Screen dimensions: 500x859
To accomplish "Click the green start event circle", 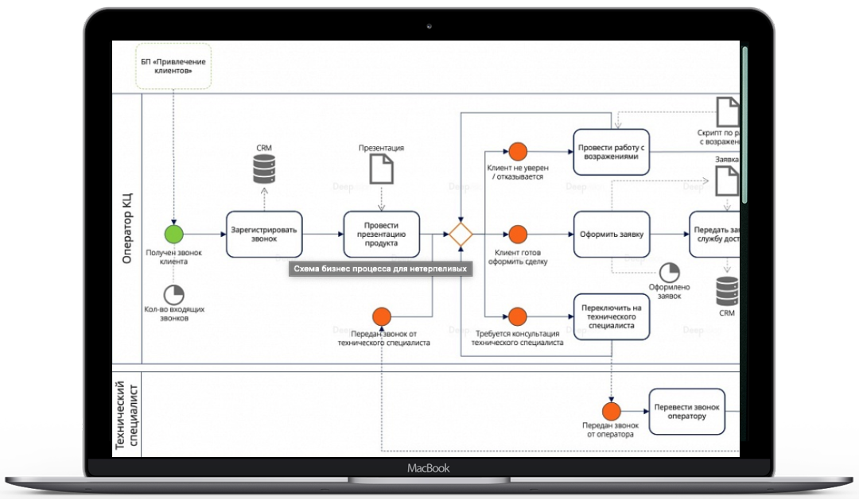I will point(173,234).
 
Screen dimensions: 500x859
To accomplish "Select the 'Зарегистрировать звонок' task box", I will point(264,234).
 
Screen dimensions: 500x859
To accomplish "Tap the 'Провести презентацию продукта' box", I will point(381,234).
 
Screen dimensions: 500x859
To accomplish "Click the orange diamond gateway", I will point(461,234).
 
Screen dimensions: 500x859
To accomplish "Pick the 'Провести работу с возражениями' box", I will point(611,152).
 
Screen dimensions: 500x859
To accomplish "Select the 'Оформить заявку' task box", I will point(611,234).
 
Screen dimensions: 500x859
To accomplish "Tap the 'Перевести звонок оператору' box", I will point(686,411).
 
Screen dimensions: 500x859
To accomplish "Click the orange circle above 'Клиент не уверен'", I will point(518,151).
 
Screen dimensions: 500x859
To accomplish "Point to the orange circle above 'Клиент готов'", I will point(518,234).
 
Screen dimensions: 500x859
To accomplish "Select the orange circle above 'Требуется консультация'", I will point(518,316).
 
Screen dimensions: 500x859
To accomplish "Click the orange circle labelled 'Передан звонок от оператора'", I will point(611,411).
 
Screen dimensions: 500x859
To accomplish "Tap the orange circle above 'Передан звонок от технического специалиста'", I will point(382,316).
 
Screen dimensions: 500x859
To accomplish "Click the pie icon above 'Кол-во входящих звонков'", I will point(173,293).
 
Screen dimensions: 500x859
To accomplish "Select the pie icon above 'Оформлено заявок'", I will point(669,272).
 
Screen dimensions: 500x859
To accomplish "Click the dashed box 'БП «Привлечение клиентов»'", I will point(173,67).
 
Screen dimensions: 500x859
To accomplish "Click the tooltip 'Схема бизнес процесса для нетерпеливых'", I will point(380,269).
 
